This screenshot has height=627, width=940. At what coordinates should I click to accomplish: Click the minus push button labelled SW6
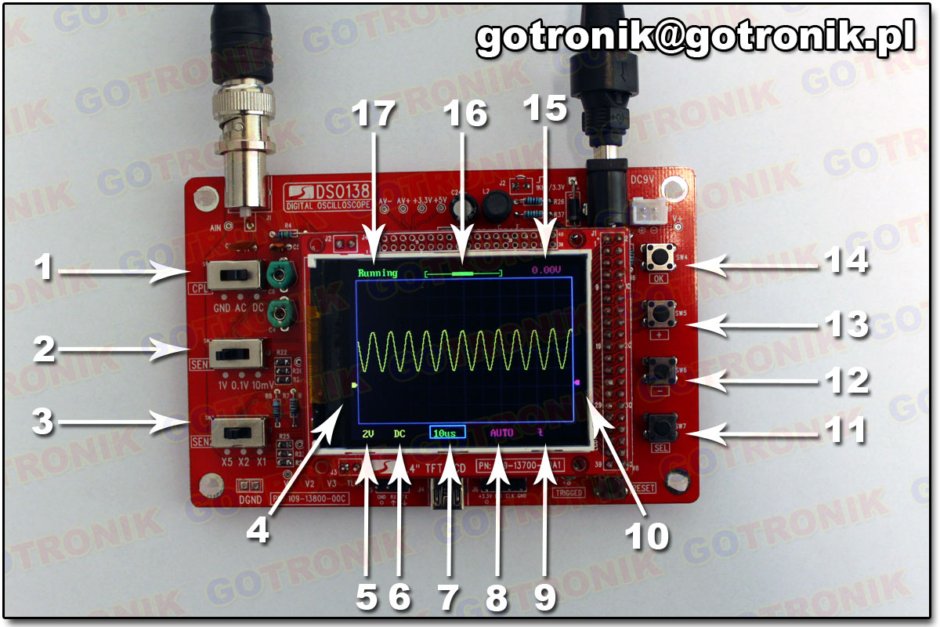coord(658,368)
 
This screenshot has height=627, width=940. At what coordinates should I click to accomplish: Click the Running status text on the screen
coord(378,274)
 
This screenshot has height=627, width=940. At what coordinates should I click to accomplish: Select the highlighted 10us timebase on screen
coord(447,432)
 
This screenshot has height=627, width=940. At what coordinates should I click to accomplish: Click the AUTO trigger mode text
coord(501,432)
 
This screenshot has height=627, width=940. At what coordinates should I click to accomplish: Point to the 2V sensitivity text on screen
coord(368,432)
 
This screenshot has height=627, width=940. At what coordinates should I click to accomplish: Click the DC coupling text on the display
coord(399,432)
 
